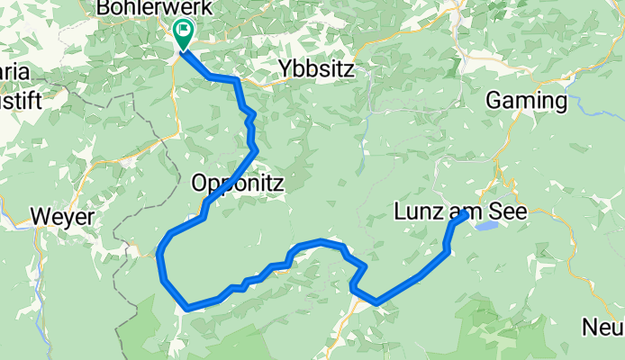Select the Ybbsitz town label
[x=314, y=69]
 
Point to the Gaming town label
[x=527, y=101]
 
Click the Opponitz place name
[x=238, y=184]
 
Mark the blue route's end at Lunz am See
[x=464, y=214]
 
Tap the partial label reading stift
[x=21, y=100]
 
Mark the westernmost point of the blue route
[x=159, y=256]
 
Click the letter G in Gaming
[x=494, y=101]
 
